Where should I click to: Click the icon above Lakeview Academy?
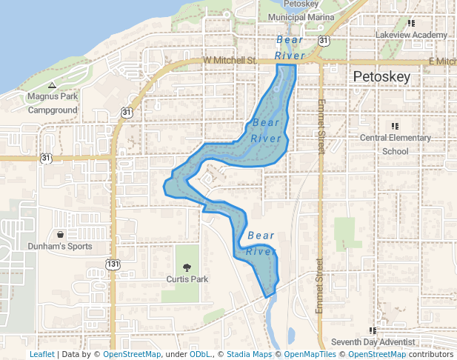click(x=411, y=23)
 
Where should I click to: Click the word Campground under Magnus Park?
click(x=53, y=110)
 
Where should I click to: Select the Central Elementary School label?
click(x=395, y=144)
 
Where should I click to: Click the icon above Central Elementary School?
click(x=395, y=126)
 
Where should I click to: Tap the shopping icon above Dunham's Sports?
click(x=60, y=234)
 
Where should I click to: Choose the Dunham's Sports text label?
click(x=60, y=246)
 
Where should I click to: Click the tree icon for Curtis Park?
click(x=186, y=267)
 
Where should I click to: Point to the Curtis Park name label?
click(x=186, y=279)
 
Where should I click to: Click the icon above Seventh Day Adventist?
click(x=372, y=330)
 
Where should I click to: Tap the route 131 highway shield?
click(x=113, y=264)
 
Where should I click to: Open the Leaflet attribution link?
click(x=41, y=355)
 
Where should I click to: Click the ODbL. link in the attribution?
click(x=200, y=355)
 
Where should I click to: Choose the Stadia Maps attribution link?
click(x=249, y=355)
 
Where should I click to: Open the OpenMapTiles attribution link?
click(x=309, y=355)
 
